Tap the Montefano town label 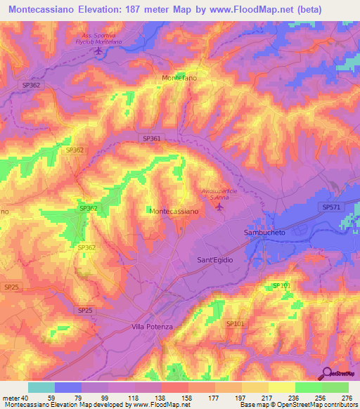pos(179,77)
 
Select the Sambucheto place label pos(264,232)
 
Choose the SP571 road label pos(330,207)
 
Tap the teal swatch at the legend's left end pos(41,387)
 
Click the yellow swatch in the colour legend pos(281,387)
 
